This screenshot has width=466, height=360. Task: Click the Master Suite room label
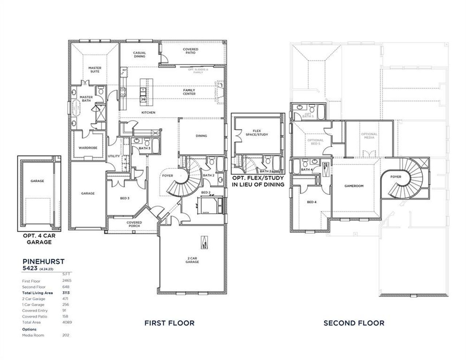point(95,70)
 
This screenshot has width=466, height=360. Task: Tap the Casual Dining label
point(139,55)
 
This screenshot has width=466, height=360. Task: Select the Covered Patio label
point(190,51)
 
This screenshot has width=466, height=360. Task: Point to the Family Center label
point(189,92)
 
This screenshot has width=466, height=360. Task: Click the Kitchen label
point(148,112)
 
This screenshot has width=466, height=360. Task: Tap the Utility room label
point(114,156)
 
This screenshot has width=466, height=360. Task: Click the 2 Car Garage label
point(192,260)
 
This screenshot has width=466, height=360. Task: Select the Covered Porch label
point(134,224)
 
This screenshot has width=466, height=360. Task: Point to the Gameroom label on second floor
point(354,186)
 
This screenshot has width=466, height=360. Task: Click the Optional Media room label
point(369,136)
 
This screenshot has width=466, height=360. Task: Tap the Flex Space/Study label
point(260,132)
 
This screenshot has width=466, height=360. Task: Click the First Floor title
point(169,323)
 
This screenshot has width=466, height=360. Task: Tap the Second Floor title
point(354,323)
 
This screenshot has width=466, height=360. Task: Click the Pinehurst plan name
point(43,261)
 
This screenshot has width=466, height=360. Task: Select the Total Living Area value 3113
point(66,293)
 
